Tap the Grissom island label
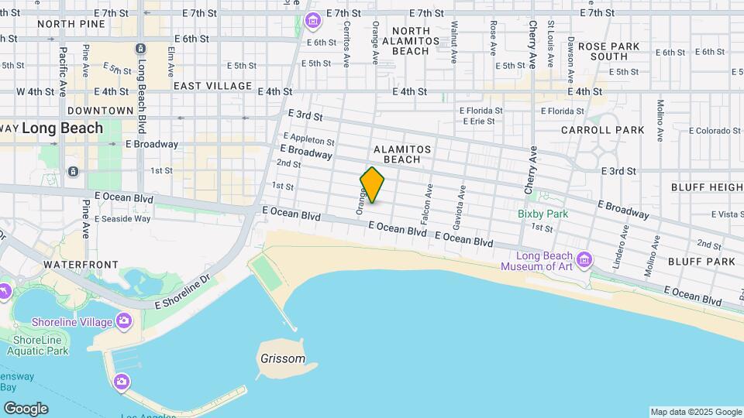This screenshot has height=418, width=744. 281,359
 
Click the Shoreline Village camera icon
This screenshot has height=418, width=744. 123,321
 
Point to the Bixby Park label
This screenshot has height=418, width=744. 543,214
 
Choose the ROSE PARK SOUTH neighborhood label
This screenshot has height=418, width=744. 608,51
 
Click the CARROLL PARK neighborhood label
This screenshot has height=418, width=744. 602,130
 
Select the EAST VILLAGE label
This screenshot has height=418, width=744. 212,86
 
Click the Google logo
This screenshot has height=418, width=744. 26,408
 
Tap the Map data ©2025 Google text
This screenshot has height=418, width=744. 695,412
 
